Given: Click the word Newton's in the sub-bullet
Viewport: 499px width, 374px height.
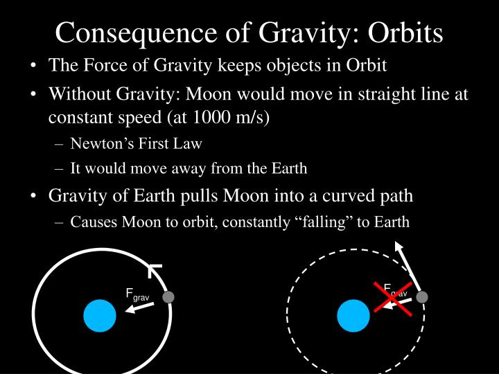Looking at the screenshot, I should [x=99, y=144].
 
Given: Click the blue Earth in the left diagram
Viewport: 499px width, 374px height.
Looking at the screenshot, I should [x=100, y=316].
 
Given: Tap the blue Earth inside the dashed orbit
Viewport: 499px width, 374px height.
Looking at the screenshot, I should [x=353, y=316].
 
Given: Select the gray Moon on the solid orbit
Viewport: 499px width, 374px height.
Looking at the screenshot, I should [x=168, y=297].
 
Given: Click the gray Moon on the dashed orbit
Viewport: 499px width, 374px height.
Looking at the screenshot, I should [x=421, y=297].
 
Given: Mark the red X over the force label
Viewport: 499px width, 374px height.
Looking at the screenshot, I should [x=394, y=299].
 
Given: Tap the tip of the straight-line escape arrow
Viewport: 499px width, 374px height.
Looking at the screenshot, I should [x=397, y=243].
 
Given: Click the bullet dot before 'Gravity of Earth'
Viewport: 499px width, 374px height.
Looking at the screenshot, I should [x=34, y=196].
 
